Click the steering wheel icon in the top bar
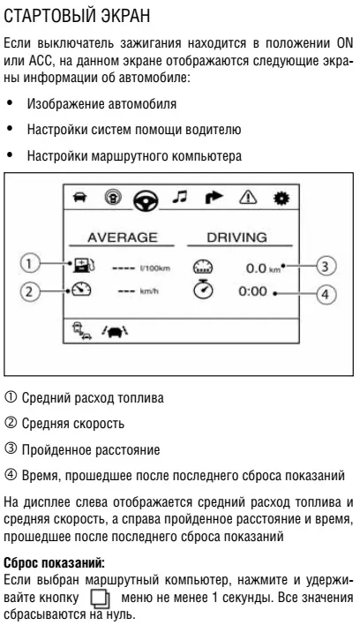(146, 200)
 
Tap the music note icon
(180, 197)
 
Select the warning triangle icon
(248, 198)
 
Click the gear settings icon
(281, 198)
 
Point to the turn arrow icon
(214, 198)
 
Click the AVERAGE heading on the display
(123, 237)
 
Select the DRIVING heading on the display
(237, 237)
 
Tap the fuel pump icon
(84, 266)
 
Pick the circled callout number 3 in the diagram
(326, 266)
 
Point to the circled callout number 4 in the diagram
(326, 295)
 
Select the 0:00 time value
(252, 291)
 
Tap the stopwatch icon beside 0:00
(203, 289)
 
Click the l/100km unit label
(155, 267)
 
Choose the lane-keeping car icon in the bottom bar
(115, 330)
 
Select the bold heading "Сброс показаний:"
(54, 563)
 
